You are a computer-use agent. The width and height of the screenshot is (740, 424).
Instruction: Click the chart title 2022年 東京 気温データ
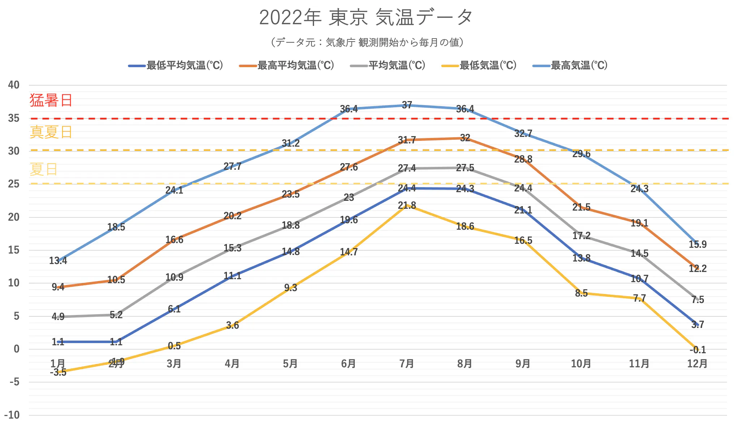coord(366,17)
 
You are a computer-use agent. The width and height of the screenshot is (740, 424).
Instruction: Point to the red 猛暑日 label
coord(51,100)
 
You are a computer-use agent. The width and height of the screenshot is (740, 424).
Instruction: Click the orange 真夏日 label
coord(51,132)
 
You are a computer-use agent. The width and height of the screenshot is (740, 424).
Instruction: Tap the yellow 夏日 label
coord(43,169)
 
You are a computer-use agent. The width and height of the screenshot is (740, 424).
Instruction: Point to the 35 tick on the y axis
coord(14,118)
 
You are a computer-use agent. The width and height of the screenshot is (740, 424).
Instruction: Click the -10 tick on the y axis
coord(12,415)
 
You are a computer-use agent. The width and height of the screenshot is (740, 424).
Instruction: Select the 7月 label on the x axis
coord(406,363)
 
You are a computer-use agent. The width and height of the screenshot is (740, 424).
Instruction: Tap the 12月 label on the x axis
coord(697,363)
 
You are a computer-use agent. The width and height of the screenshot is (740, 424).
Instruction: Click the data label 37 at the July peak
coord(407,105)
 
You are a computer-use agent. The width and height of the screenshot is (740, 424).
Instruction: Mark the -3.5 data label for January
coord(58,372)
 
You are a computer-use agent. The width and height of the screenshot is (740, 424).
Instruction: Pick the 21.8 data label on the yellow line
coord(407,205)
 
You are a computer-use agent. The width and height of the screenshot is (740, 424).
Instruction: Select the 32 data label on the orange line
coord(465,138)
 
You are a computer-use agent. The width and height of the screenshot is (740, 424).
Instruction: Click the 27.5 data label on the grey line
coord(465,168)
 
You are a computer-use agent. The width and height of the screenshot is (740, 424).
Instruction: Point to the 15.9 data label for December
coord(697,245)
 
